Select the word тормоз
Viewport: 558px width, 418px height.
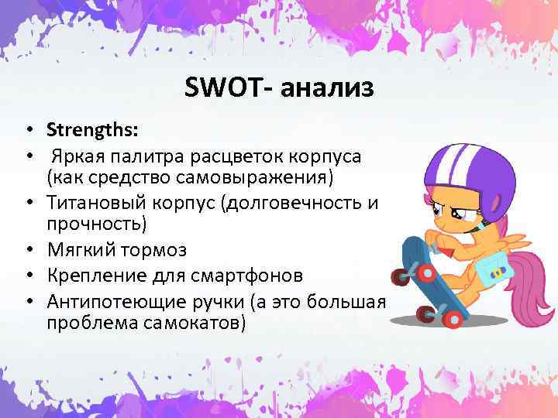coord(159,251)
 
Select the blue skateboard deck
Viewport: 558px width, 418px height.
coord(429,271)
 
